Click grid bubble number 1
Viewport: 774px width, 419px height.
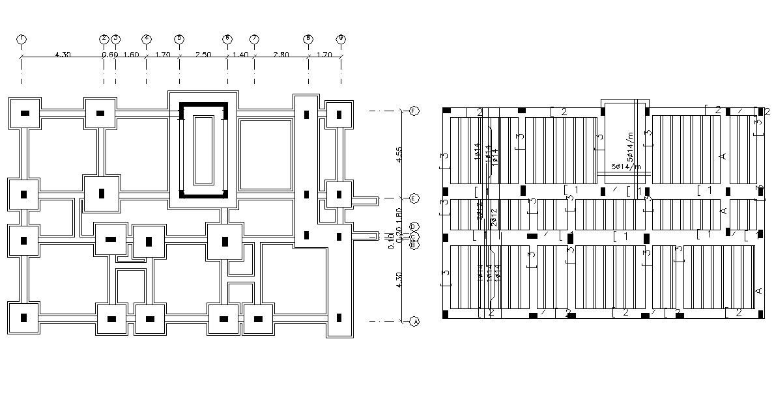tap(21, 39)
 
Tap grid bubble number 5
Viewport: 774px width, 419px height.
tap(179, 39)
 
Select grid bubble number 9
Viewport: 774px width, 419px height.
tap(340, 39)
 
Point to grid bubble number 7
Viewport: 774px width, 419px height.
tap(254, 39)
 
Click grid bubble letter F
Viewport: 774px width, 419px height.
tap(414, 111)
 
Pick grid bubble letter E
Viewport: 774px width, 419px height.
tap(414, 198)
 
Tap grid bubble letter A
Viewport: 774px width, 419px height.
tap(414, 321)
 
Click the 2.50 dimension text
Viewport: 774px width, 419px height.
tap(203, 55)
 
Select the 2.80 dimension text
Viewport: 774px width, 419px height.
tap(281, 55)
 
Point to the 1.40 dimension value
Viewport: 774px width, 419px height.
tap(240, 55)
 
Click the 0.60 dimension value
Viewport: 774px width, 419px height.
tap(109, 55)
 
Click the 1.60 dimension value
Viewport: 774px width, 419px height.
tap(130, 55)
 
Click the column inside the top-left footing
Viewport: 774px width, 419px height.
tap(25, 113)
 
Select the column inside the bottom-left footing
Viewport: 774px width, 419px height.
tap(24, 318)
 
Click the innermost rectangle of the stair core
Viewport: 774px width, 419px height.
tap(203, 150)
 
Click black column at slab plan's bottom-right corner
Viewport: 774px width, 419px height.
tap(760, 315)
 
